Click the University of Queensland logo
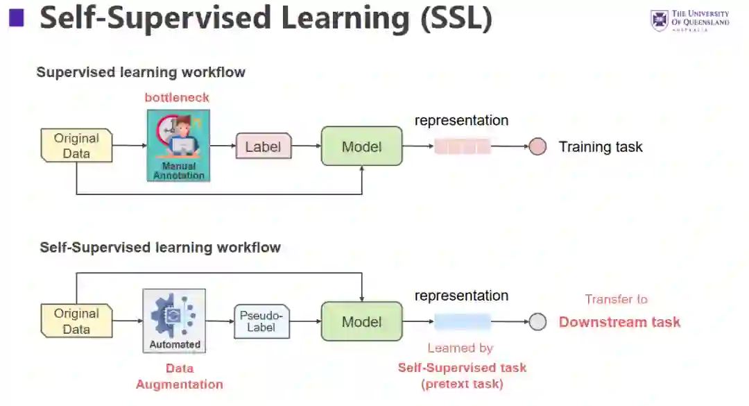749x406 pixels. (689, 20)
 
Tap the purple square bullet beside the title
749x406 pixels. (16, 18)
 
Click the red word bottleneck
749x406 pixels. (177, 98)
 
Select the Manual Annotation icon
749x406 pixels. (178, 146)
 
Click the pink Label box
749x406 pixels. (264, 146)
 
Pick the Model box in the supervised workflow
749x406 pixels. (361, 146)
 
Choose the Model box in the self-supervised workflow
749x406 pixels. (361, 321)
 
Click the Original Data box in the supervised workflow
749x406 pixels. (76, 146)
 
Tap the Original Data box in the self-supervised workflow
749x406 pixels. (76, 321)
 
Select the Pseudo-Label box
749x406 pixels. (261, 321)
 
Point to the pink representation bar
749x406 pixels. (463, 146)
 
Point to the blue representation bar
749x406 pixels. (463, 321)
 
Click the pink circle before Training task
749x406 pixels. (537, 146)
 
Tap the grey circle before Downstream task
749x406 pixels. (537, 321)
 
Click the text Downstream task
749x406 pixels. (619, 322)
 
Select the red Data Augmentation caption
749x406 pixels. (179, 376)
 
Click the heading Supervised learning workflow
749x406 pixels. (141, 72)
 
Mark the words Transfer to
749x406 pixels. (616, 299)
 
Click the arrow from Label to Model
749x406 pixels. (306, 146)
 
